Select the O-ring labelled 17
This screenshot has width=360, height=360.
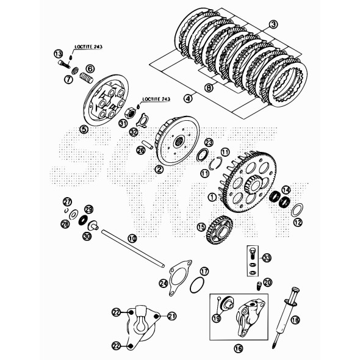click(x=196, y=285)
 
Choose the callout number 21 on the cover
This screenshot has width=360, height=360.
click(x=171, y=315)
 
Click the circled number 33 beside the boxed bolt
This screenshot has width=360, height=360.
click(x=267, y=259)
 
